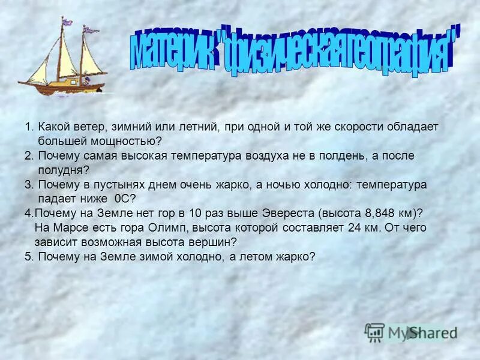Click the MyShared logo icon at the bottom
[x=375, y=332]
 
